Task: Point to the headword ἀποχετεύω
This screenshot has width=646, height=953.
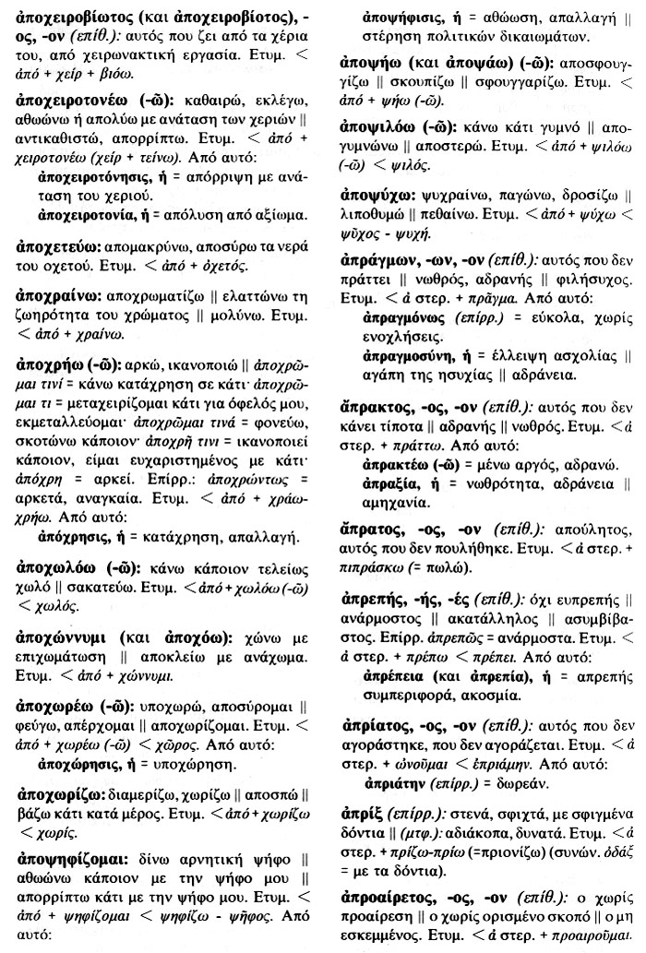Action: [x=58, y=249]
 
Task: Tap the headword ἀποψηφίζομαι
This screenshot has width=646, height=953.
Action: [x=76, y=858]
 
